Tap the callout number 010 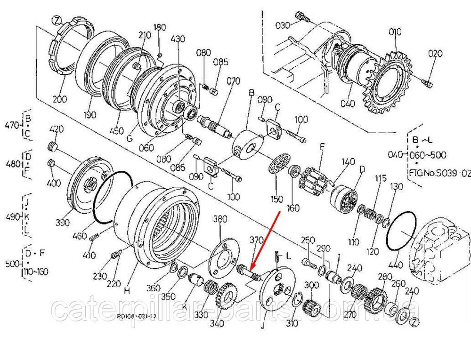[395, 32]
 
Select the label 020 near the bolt [435, 54]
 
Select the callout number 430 [178, 39]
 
